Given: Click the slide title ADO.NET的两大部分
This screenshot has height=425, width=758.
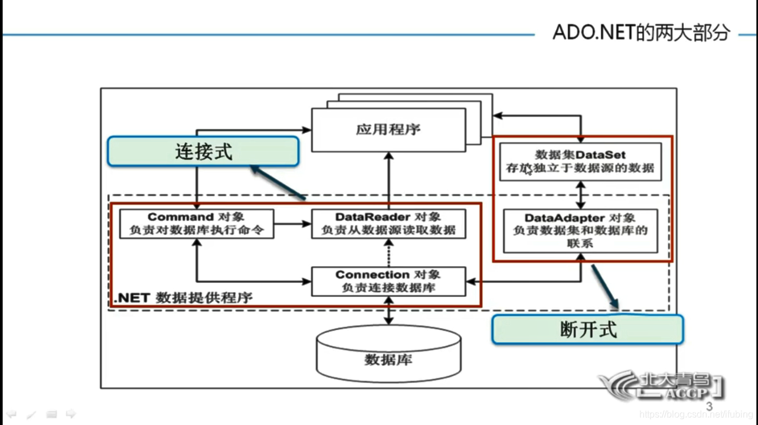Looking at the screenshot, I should tap(641, 32).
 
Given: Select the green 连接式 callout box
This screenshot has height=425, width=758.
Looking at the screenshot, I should tap(203, 151).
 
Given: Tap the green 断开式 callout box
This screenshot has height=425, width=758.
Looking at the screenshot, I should tap(587, 329).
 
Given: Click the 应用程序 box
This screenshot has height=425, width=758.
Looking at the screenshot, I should tap(388, 129).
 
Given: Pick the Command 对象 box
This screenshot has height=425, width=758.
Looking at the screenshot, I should tap(197, 224).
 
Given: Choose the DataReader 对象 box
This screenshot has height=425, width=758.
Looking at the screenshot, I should tap(388, 224).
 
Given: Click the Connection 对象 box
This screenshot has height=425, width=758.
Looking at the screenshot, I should tap(388, 282).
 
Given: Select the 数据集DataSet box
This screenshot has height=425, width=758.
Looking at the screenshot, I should tap(580, 161).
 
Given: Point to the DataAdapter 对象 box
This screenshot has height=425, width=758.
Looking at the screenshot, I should tap(580, 231).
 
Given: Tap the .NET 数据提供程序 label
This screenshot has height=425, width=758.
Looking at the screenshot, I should tap(184, 297).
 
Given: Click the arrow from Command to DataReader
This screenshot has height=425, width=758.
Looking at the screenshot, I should tap(292, 224).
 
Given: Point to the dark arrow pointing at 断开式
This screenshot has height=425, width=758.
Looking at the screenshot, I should tap(605, 286).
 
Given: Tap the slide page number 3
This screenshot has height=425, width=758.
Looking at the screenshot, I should tap(709, 407).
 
